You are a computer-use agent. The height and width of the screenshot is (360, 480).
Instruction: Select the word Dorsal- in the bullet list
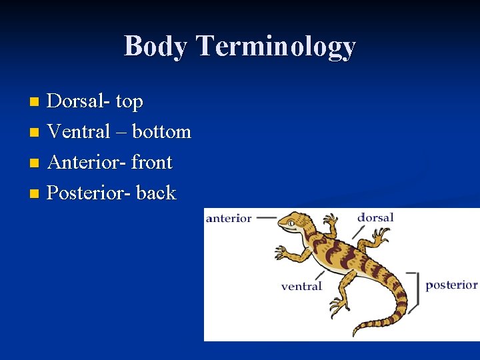coord(79,101)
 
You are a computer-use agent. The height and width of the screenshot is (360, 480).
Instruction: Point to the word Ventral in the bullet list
coord(79,132)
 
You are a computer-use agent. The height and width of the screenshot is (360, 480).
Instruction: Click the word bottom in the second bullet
coord(161,132)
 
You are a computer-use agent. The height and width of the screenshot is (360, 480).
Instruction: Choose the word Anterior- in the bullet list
coord(87,163)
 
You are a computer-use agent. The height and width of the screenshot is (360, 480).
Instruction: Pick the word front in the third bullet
coord(152,163)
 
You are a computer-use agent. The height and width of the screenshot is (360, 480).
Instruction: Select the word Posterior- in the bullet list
coord(90,193)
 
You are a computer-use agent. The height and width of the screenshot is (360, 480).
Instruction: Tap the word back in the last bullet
coord(156,193)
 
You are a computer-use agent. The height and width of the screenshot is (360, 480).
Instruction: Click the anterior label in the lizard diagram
coord(229,218)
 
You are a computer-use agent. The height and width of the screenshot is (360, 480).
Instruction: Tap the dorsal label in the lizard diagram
coord(375,217)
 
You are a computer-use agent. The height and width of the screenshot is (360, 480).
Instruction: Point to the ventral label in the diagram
coord(301,287)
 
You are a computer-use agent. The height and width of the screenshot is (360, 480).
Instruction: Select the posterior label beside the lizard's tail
coord(451,285)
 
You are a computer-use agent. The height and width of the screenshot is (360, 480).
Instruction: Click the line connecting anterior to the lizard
coord(266,217)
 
